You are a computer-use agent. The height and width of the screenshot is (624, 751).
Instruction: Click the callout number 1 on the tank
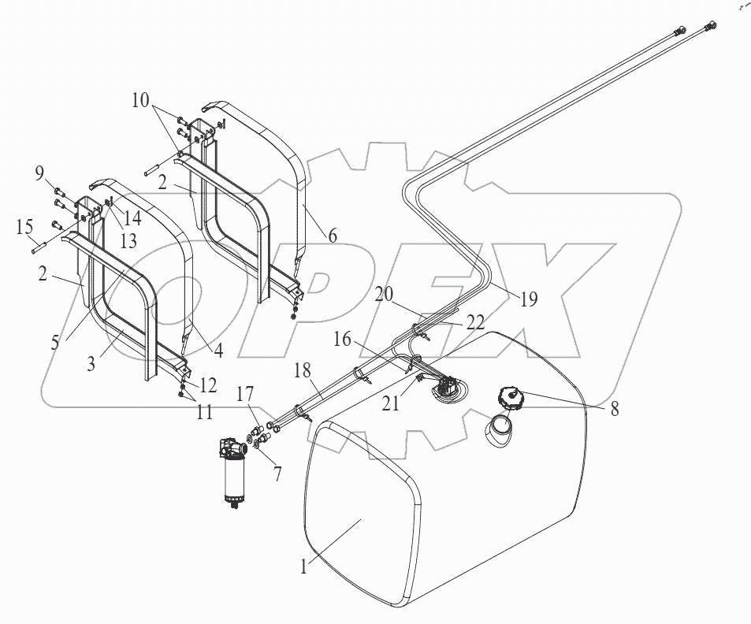303,566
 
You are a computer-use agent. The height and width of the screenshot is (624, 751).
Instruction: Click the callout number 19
529,299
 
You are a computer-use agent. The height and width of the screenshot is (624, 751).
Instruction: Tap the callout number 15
24,227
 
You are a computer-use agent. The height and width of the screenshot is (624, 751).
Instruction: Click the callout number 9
39,172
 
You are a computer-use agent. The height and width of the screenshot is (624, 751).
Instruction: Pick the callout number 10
141,101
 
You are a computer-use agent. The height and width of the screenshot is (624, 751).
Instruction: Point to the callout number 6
333,236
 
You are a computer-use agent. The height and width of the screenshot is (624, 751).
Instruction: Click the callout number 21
390,403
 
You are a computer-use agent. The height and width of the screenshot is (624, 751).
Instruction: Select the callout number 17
244,396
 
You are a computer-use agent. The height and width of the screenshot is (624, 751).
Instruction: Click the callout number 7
277,474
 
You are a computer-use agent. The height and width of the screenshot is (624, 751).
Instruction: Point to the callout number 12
208,384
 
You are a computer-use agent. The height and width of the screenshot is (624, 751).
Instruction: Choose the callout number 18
303,370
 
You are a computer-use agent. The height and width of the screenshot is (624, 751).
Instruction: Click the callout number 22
475,322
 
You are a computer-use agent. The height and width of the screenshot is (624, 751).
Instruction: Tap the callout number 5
55,342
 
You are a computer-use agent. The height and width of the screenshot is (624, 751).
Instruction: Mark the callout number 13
128,242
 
